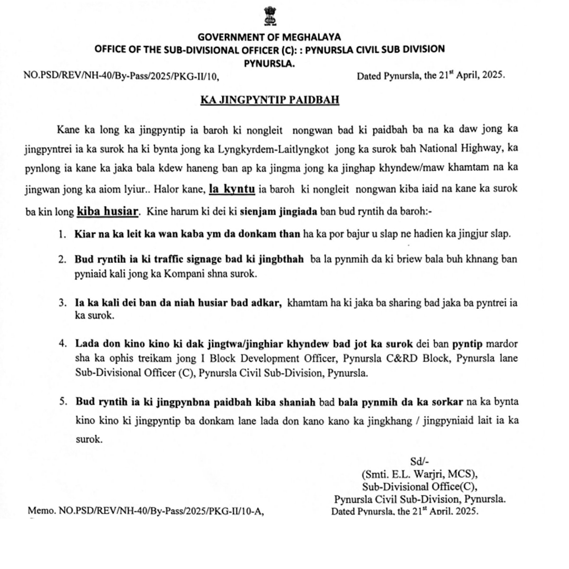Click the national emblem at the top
tap(269, 16)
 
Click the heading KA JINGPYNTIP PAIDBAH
tap(269, 100)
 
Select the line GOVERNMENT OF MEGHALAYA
tap(269, 37)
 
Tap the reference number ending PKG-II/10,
tap(121, 75)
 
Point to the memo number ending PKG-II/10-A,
tap(145, 511)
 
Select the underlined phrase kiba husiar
tap(108, 212)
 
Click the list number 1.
tap(63, 234)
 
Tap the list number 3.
tap(63, 303)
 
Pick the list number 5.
tap(63, 402)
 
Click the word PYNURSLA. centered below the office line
tap(269, 63)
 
